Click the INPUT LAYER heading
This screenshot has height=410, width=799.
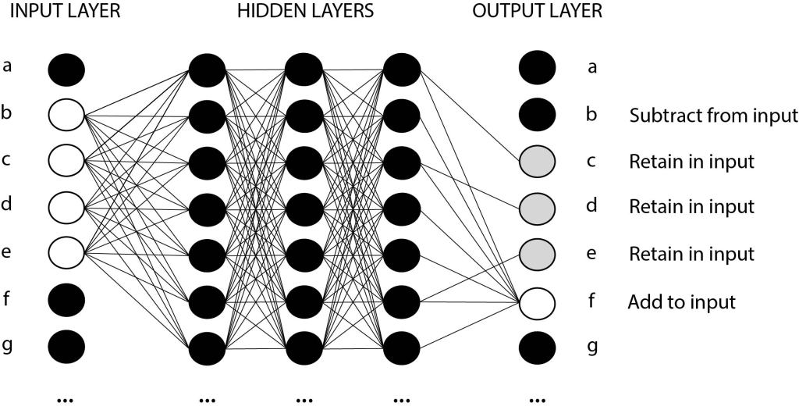point(64,13)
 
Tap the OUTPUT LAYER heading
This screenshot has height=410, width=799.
point(537,13)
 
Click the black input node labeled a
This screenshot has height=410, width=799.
point(66,69)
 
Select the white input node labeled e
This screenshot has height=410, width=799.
point(66,253)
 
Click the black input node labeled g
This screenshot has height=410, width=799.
point(66,345)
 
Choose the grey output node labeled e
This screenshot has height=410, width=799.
point(538,254)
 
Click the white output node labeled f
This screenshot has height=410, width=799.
point(538,301)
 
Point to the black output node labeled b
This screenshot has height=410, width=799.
point(538,115)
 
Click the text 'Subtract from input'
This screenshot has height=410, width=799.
point(713,116)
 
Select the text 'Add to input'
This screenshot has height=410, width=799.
point(681,301)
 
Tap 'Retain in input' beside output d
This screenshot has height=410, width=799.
point(691,208)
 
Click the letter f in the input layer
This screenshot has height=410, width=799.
point(7,298)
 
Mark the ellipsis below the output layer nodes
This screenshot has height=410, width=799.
point(537,399)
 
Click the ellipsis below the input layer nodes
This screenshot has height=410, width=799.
point(66,399)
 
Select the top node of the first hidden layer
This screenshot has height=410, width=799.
point(207,69)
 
